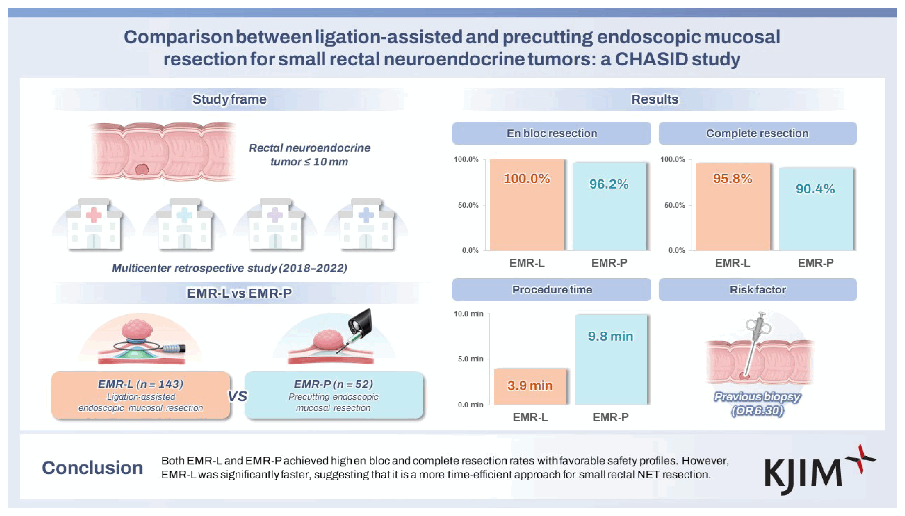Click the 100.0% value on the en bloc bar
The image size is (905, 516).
527,178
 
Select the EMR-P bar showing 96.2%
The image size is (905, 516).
609,207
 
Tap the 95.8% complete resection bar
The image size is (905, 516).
733,207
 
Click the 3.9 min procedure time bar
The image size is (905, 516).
530,387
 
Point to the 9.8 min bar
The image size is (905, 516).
611,360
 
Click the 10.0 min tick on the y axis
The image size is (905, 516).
468,314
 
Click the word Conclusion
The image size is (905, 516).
92,468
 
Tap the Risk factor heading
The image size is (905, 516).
757,290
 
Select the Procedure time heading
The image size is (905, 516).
552,290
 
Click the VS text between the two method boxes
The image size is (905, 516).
237,396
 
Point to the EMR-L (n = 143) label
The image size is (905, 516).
141,384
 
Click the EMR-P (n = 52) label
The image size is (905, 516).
333,384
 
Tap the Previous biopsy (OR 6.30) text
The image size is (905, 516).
757,403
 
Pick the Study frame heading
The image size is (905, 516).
229,99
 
